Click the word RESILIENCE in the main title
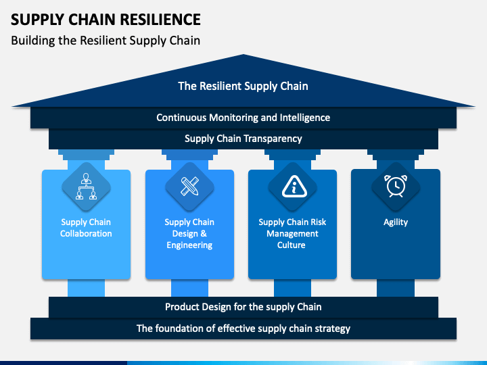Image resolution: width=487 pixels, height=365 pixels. click(x=160, y=20)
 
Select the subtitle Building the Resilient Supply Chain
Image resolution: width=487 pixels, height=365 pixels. click(x=106, y=41)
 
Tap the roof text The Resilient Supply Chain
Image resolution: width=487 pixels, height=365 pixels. click(x=243, y=86)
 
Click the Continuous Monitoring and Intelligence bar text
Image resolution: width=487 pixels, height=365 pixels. click(x=243, y=118)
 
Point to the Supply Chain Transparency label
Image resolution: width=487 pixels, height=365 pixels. click(x=243, y=139)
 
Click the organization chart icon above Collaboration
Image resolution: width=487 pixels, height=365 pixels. click(x=86, y=187)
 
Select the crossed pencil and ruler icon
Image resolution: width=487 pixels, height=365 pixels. click(x=189, y=187)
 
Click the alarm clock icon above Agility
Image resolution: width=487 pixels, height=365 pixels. click(x=396, y=186)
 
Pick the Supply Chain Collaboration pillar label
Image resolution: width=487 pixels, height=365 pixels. click(x=86, y=228)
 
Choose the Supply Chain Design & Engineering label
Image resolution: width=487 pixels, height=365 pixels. click(x=189, y=233)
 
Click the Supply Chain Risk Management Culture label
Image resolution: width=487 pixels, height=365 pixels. click(x=292, y=233)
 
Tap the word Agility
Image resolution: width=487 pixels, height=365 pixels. click(x=396, y=222)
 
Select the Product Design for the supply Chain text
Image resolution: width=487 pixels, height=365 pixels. click(x=243, y=307)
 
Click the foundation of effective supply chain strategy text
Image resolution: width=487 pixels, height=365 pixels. click(x=243, y=328)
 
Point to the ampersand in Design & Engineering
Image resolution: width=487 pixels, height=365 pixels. click(x=204, y=233)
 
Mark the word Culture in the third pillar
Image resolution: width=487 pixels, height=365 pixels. click(x=292, y=245)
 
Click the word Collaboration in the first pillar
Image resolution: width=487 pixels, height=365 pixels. click(x=86, y=233)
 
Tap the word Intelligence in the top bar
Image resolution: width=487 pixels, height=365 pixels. click(x=305, y=118)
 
